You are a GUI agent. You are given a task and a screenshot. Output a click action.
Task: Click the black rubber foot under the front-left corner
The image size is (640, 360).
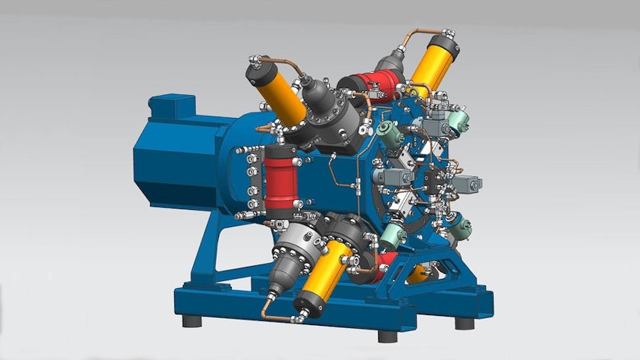pyautogui.click(x=191, y=320)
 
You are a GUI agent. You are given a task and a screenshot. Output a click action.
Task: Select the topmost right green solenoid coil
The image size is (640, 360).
pyautogui.click(x=459, y=120)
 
